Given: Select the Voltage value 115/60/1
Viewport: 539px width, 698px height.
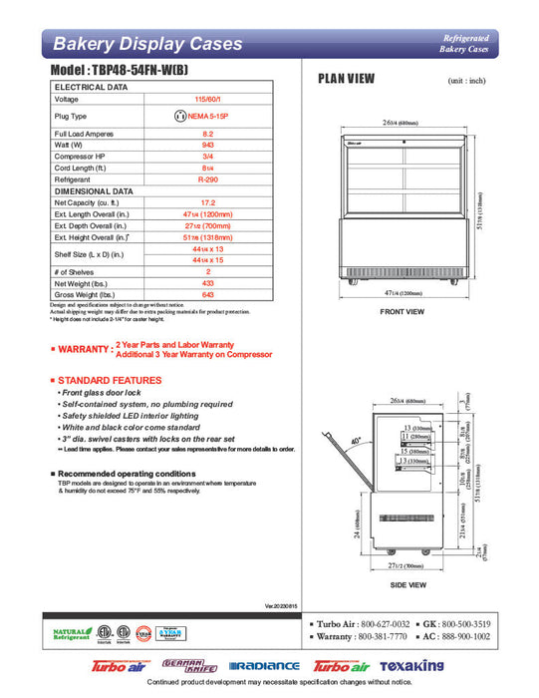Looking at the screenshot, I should point(208,100).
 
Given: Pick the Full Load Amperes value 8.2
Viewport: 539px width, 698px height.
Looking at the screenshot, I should point(208,133).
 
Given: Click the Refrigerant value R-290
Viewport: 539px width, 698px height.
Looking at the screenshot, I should point(208,179).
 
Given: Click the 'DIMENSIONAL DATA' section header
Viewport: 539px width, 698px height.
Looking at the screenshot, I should point(94,190).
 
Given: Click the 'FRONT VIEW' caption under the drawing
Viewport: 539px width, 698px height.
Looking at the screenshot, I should point(403,312).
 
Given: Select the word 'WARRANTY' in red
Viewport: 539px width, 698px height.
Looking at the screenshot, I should point(83,350).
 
